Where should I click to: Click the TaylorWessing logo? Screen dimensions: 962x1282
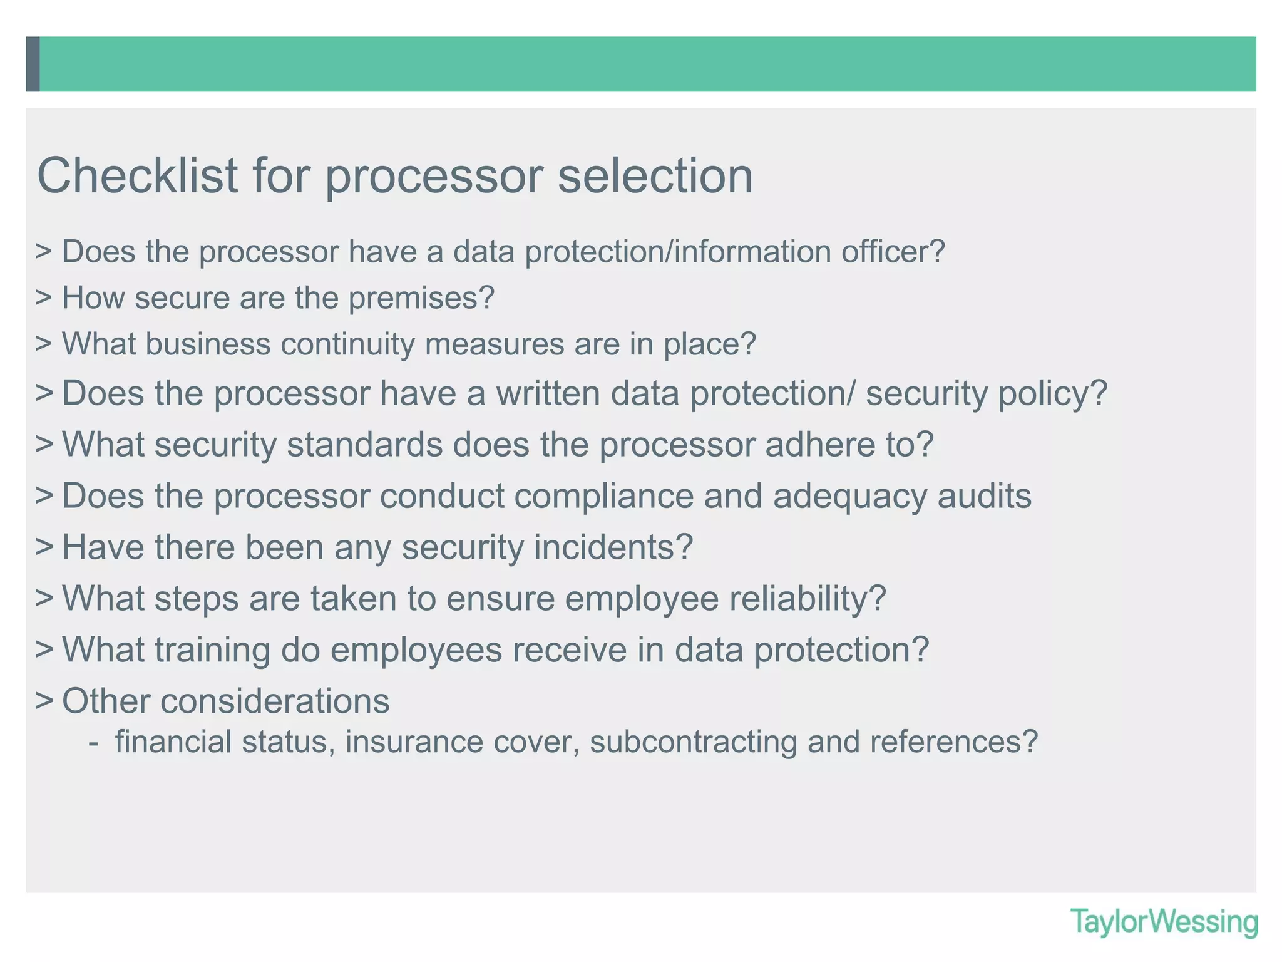click(1164, 923)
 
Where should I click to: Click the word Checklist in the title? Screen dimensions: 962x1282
click(137, 175)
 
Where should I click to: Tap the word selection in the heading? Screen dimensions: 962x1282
click(655, 175)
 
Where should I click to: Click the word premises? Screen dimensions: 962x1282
click(421, 298)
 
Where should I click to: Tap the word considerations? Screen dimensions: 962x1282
click(275, 701)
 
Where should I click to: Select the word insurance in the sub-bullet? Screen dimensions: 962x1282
click(414, 742)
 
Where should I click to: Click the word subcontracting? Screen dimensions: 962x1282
click(693, 742)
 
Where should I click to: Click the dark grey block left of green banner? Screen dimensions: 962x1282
click(33, 64)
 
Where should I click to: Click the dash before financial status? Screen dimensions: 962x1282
click(93, 743)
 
